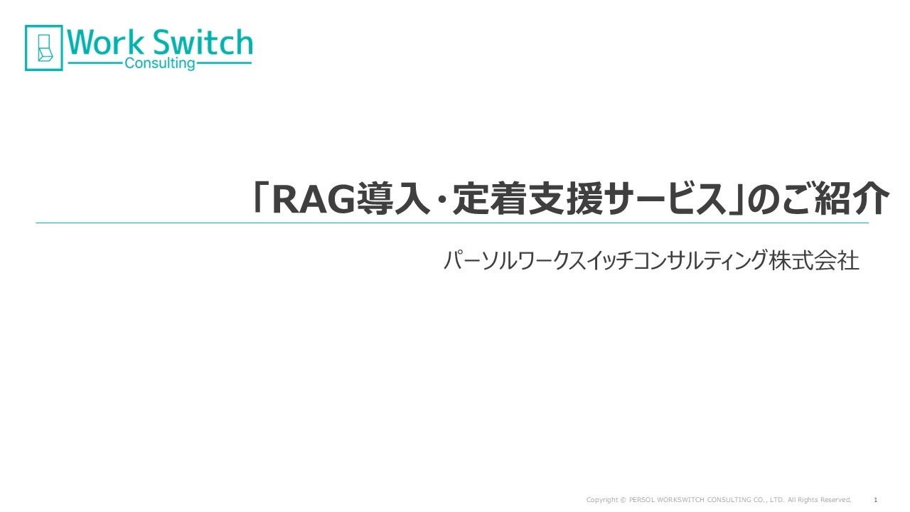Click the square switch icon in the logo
tap(44, 48)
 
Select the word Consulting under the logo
tap(160, 64)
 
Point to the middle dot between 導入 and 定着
tap(441, 200)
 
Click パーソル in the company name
tap(477, 260)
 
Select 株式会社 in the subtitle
tap(814, 260)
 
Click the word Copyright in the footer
tap(601, 500)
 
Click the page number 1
tap(875, 500)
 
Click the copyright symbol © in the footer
tap(623, 500)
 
